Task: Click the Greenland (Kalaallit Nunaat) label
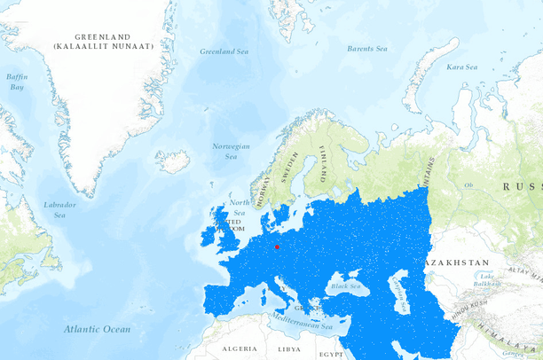click(102, 42)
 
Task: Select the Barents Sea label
click(366, 49)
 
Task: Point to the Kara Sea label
click(461, 67)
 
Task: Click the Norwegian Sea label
click(231, 151)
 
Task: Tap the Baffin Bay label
click(17, 82)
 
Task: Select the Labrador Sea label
click(59, 209)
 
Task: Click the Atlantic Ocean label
click(97, 329)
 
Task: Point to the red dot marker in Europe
click(277, 247)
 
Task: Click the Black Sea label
click(344, 286)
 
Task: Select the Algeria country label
click(239, 349)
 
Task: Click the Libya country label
click(289, 349)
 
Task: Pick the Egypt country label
click(331, 353)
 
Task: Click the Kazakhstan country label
click(458, 263)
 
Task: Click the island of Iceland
click(172, 161)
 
